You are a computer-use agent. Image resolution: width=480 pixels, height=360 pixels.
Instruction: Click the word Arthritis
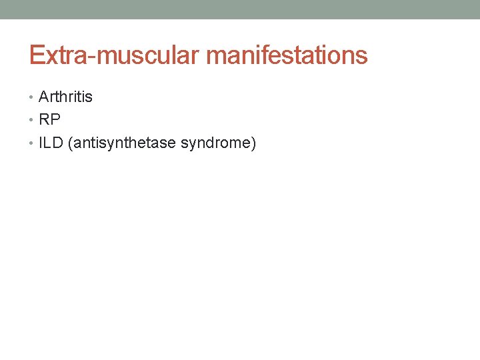66,97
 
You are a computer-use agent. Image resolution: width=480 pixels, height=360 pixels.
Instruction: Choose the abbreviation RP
50,120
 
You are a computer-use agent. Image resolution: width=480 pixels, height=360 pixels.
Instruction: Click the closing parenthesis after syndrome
253,143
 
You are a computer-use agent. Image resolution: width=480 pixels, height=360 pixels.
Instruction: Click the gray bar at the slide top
240,9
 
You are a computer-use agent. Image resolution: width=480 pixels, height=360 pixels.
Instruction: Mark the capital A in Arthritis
44,97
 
